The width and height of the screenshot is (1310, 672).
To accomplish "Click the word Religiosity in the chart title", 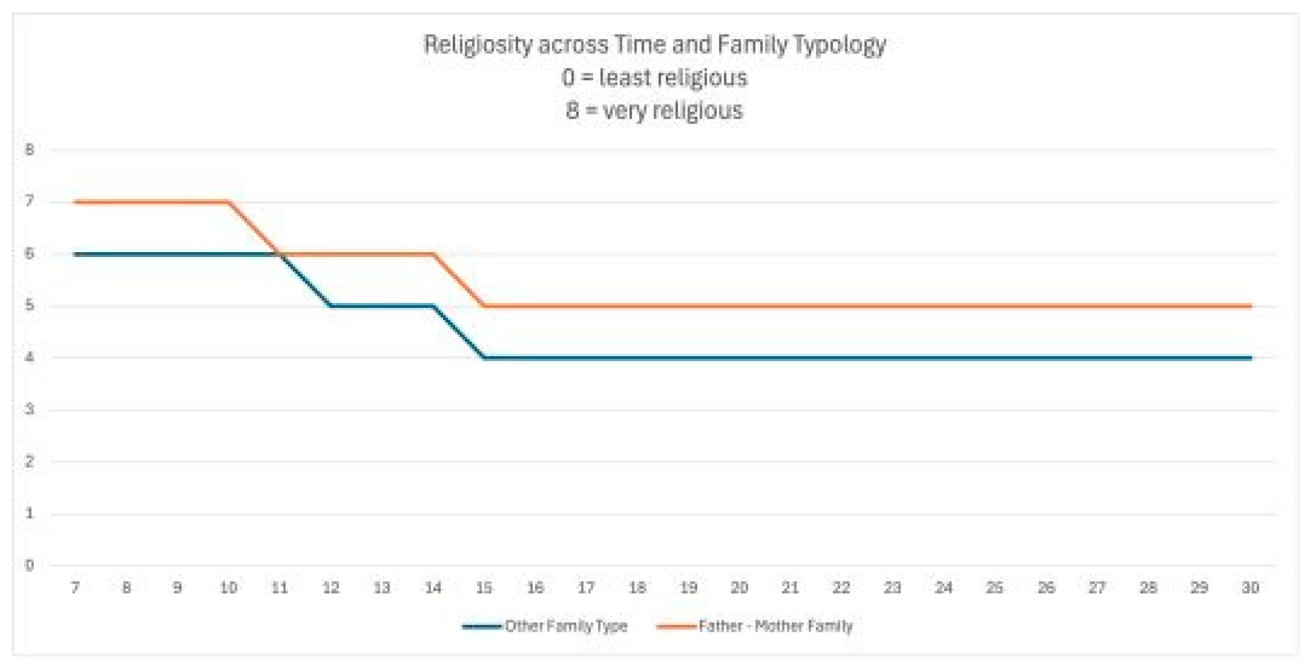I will (x=477, y=45).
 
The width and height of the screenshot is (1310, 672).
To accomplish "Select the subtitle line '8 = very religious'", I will (x=654, y=110).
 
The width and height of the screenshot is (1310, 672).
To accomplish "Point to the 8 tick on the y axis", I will (x=29, y=150).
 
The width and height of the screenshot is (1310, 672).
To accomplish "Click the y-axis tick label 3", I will (x=29, y=409).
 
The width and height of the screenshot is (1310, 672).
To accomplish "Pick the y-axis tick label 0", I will (x=29, y=565).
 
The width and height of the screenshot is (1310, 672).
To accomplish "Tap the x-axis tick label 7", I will (x=75, y=588).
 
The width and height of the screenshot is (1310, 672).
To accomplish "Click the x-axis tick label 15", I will (x=484, y=588).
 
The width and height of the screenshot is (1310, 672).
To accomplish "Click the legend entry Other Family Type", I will (x=566, y=626).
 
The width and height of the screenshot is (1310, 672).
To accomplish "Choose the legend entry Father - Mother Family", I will (x=775, y=626).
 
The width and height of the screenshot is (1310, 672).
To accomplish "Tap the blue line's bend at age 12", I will (x=331, y=306).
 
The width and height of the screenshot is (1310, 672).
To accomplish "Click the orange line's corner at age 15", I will (x=484, y=306).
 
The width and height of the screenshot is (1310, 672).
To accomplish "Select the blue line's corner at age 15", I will (x=484, y=358).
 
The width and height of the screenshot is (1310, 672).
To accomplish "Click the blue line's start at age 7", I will (x=75, y=254).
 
